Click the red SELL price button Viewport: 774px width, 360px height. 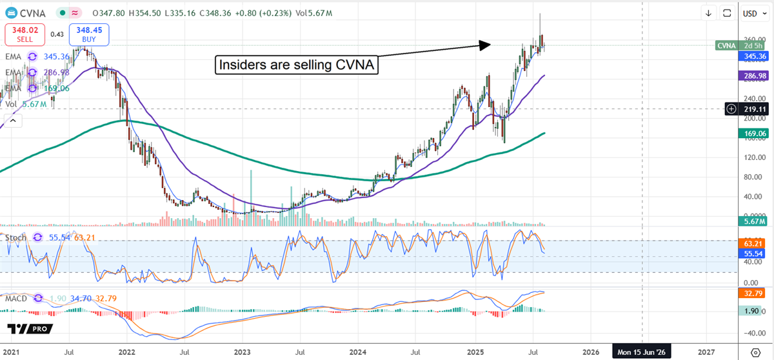coord(21,34)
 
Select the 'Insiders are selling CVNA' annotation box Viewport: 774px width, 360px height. coord(295,65)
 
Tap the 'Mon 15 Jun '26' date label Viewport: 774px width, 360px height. coord(642,352)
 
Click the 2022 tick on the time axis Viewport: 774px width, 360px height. coord(126,352)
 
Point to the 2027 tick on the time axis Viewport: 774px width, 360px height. coord(706,352)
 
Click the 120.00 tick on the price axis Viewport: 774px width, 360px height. coord(750,157)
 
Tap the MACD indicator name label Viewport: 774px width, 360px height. coord(17,299)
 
